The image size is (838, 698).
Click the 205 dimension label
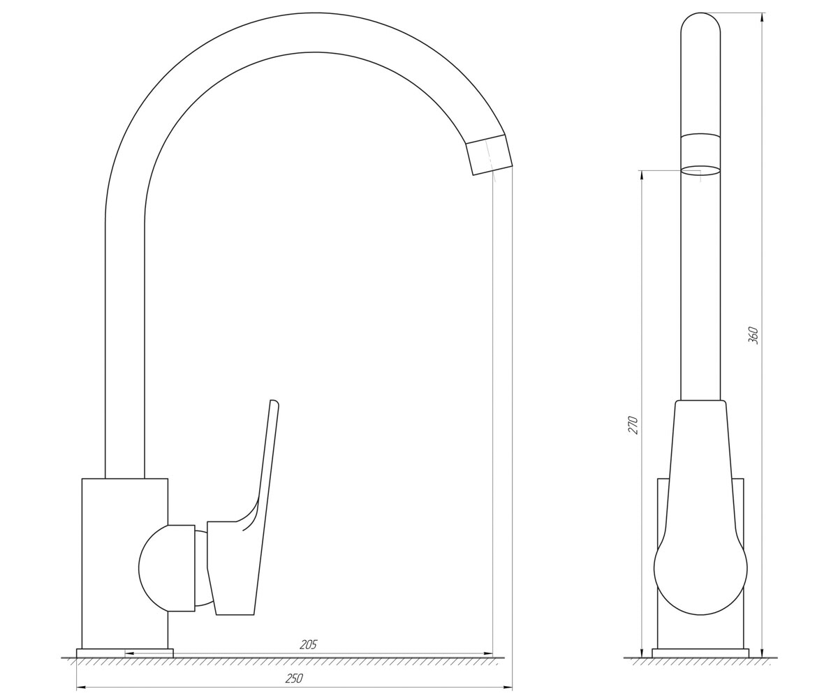point(308,645)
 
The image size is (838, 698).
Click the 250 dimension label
point(294,678)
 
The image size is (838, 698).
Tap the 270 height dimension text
point(633,425)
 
